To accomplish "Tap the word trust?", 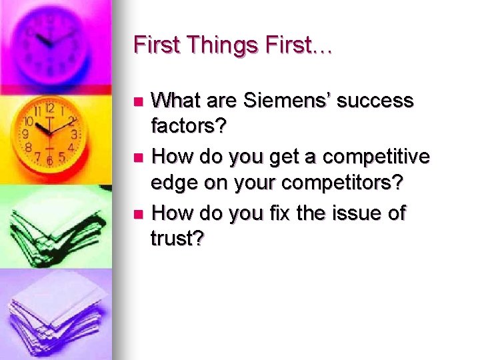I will pos(177,237).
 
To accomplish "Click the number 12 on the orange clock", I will pos(49,108).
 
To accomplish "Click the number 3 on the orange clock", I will pos(74,135).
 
